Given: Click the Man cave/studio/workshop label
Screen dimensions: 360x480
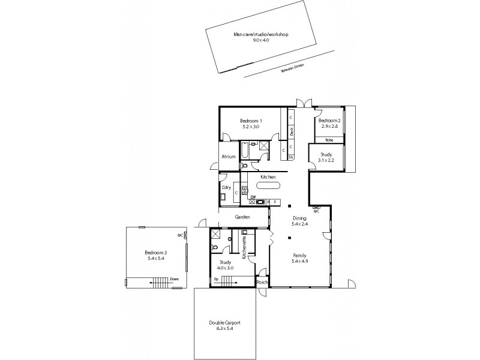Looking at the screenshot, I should pyautogui.click(x=262, y=35).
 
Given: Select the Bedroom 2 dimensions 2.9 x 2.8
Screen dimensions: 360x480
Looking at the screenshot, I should pyautogui.click(x=330, y=127).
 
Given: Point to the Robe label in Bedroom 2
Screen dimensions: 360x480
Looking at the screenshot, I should pyautogui.click(x=329, y=140).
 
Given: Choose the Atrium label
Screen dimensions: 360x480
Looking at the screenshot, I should pyautogui.click(x=228, y=157).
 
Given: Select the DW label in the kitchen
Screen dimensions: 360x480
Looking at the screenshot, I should pyautogui.click(x=253, y=197).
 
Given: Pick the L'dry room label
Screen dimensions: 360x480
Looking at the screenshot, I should pyautogui.click(x=226, y=188).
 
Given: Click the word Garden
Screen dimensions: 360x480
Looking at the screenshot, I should pyautogui.click(x=242, y=217).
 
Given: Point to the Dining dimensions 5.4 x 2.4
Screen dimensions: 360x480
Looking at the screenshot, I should pyautogui.click(x=299, y=224).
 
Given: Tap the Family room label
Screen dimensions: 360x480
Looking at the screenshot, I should pyautogui.click(x=299, y=255).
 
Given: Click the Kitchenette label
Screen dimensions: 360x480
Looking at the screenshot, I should pyautogui.click(x=244, y=247).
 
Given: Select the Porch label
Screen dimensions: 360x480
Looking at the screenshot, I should pyautogui.click(x=262, y=282).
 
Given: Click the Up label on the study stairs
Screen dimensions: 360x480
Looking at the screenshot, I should pyautogui.click(x=216, y=279).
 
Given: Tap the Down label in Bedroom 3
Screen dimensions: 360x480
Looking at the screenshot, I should pyautogui.click(x=174, y=279).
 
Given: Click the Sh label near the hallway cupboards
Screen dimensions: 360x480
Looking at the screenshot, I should pyautogui.click(x=291, y=158).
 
